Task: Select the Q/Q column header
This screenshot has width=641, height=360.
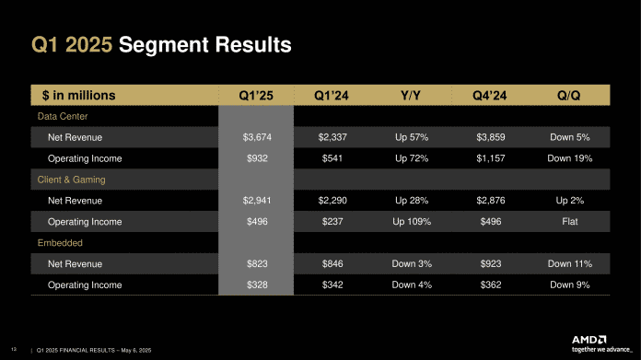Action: point(568,95)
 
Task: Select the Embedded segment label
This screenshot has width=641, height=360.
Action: point(60,243)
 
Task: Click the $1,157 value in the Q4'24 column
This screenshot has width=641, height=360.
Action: point(489,159)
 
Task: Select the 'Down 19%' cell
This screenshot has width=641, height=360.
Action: point(568,159)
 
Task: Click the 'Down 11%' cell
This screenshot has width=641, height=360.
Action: point(568,264)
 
